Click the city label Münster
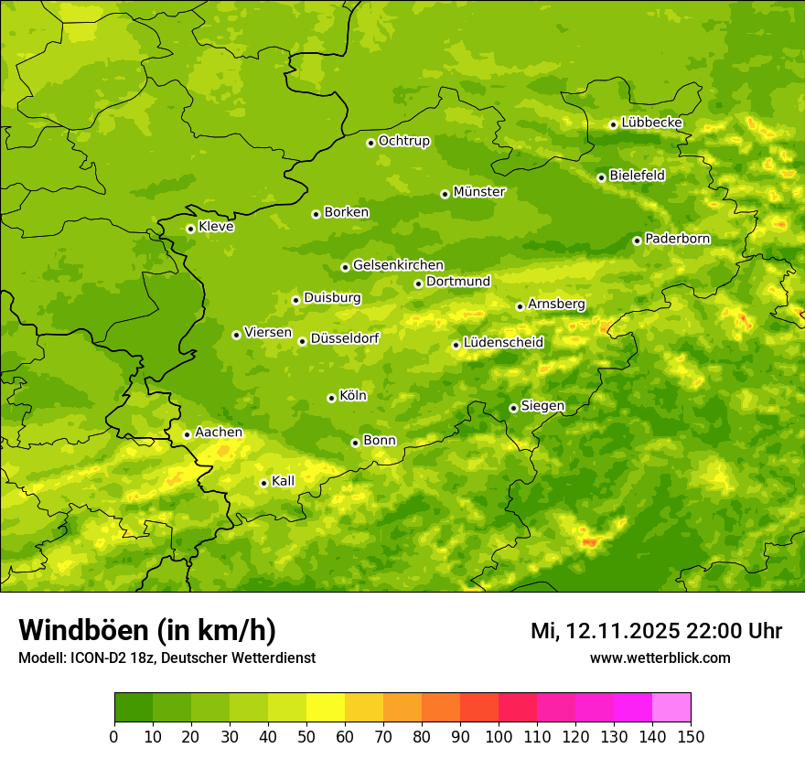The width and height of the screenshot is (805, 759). (479, 192)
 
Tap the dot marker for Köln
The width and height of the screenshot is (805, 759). (331, 398)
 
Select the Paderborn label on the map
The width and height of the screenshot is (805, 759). (678, 239)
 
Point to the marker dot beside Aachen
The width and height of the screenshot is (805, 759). (187, 434)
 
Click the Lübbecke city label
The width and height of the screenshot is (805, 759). (652, 123)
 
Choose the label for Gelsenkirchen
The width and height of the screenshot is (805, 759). (398, 265)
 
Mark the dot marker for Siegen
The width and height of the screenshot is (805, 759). (513, 408)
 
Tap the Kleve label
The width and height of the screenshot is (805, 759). (216, 227)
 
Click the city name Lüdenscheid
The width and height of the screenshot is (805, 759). (503, 343)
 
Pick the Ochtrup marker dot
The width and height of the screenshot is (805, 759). (370, 143)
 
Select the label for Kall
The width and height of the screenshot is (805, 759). (284, 481)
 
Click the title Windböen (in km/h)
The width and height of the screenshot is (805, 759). (147, 630)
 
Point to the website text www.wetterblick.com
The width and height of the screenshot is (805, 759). (660, 658)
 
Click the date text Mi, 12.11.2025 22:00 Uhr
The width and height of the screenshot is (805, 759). (656, 631)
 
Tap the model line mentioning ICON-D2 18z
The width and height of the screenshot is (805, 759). (166, 658)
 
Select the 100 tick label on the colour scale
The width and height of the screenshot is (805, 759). (499, 736)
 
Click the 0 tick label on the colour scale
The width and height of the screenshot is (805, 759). (114, 736)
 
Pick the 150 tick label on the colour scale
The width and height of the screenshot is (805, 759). (691, 736)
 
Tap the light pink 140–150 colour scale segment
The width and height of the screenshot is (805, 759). (671, 708)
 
